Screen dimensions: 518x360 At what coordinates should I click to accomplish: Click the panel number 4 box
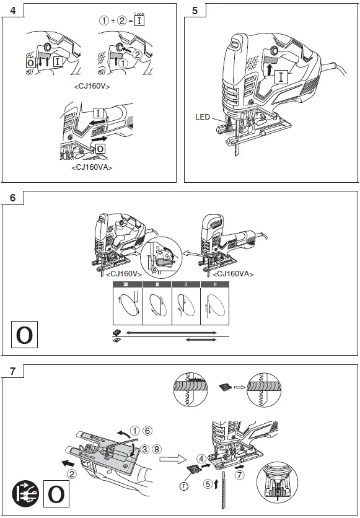coord(14,11)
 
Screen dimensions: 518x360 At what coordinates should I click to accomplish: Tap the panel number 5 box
coord(196,11)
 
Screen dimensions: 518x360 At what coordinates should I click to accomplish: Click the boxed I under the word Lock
coord(140,20)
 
